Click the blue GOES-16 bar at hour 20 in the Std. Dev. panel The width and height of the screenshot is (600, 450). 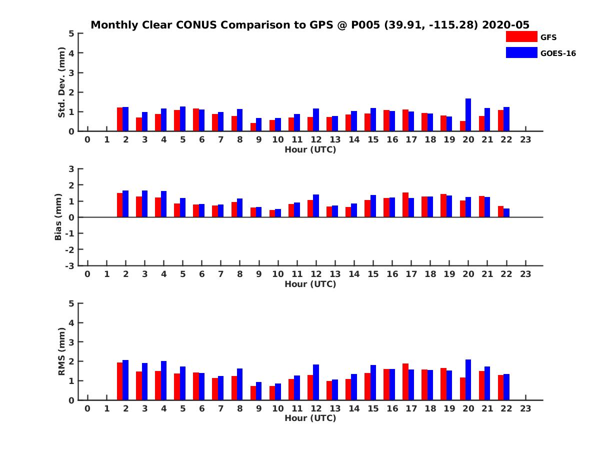[x=468, y=115]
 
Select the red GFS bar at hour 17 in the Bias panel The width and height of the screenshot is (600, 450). [x=405, y=205]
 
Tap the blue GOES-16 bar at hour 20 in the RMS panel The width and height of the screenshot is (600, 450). [x=468, y=380]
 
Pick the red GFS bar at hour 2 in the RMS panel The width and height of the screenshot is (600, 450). [x=120, y=381]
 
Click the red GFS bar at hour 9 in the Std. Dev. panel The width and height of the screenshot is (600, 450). [x=253, y=127]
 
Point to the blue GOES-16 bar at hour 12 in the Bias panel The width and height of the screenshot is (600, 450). [x=316, y=206]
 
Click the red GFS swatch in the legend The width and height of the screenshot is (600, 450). [x=521, y=36]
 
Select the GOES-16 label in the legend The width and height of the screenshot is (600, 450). [x=558, y=53]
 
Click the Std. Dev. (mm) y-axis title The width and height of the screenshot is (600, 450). [x=62, y=82]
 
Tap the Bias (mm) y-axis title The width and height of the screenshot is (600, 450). [x=58, y=217]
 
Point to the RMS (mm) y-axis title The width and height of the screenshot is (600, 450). [x=62, y=351]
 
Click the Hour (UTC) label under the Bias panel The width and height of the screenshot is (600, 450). [x=310, y=284]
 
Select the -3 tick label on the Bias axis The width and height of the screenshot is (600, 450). [x=69, y=265]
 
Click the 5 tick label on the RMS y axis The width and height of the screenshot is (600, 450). [x=71, y=303]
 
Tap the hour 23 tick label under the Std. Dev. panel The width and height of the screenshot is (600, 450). [x=525, y=140]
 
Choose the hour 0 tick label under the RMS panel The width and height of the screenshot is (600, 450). [x=87, y=409]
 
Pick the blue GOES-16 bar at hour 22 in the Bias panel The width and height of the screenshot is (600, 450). [x=506, y=213]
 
